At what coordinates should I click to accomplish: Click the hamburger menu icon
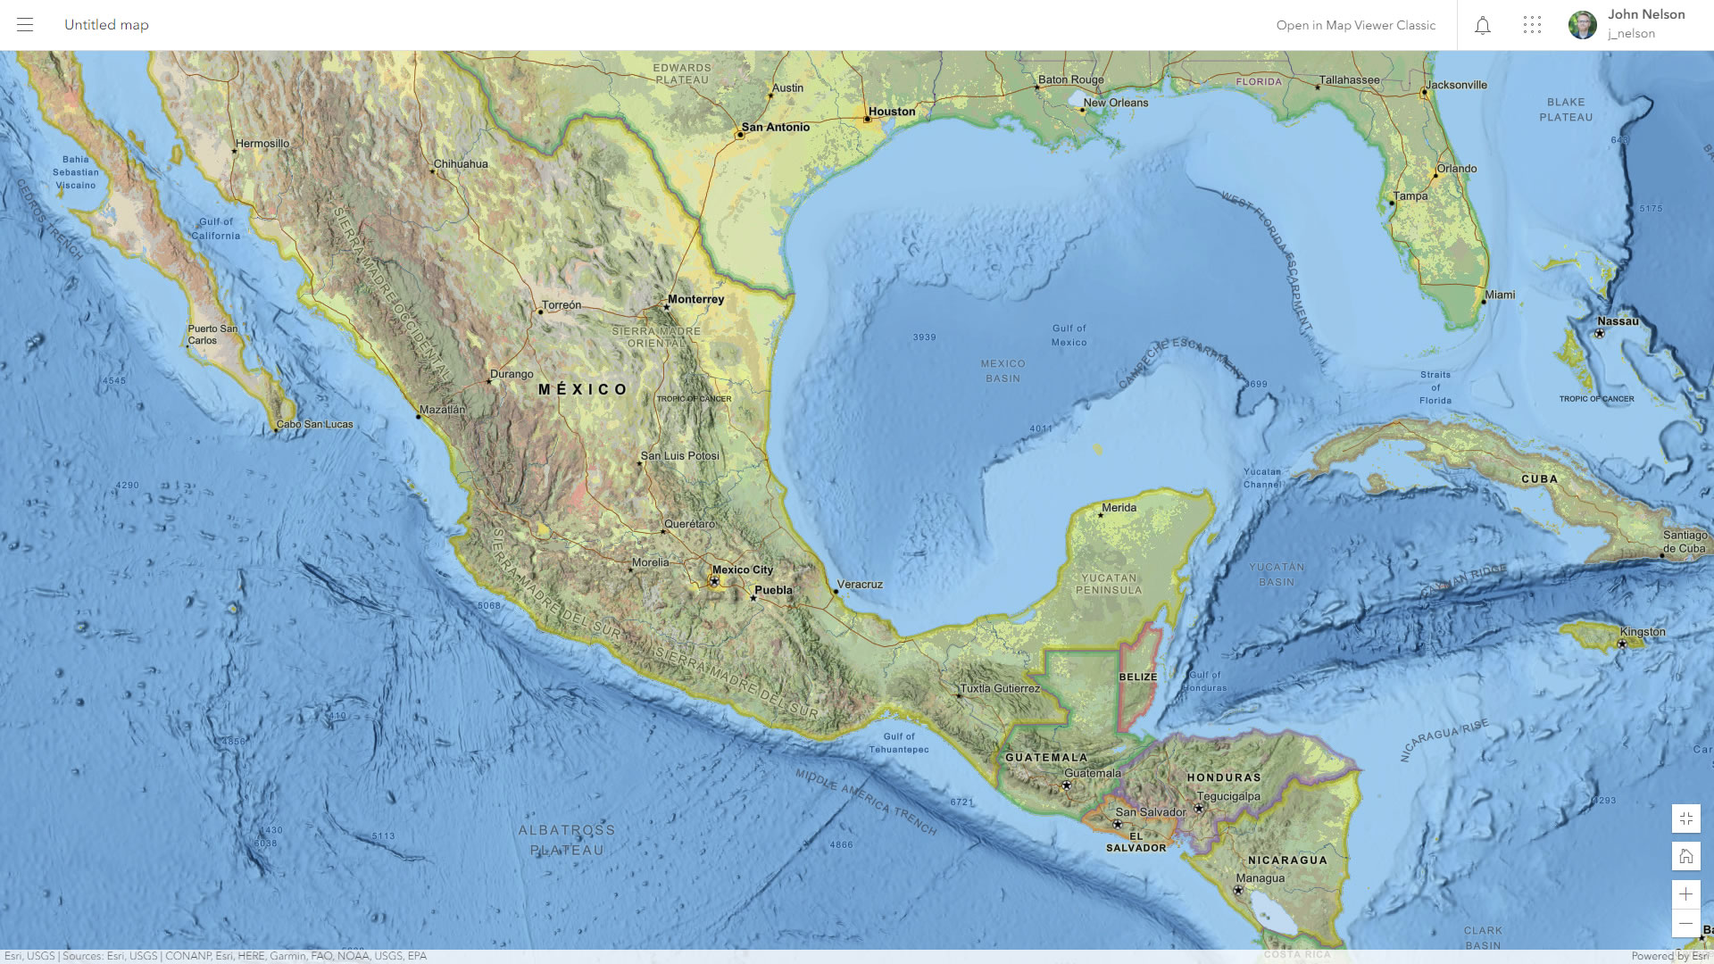(x=25, y=25)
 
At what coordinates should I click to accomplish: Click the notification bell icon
(x=1483, y=25)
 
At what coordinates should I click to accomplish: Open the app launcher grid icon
(x=1532, y=25)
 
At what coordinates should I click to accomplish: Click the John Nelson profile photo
(x=1583, y=25)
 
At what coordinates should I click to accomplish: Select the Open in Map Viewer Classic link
(x=1355, y=25)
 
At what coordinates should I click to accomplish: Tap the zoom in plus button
(x=1685, y=894)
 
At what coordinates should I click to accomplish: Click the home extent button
(x=1685, y=857)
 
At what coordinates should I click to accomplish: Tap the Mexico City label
(x=743, y=569)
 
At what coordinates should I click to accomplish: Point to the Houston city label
(x=892, y=112)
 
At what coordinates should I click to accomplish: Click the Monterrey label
(x=696, y=299)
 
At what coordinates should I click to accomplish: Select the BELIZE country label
(x=1138, y=677)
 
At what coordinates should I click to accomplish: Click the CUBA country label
(x=1540, y=479)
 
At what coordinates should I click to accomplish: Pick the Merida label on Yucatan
(x=1119, y=508)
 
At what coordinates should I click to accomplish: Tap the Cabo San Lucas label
(x=315, y=424)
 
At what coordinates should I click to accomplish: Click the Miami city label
(x=1501, y=295)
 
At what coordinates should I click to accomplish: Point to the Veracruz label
(x=860, y=585)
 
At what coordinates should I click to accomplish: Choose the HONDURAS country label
(x=1224, y=777)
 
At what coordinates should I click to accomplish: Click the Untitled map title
(x=106, y=25)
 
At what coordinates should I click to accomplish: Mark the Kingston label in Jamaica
(x=1643, y=632)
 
